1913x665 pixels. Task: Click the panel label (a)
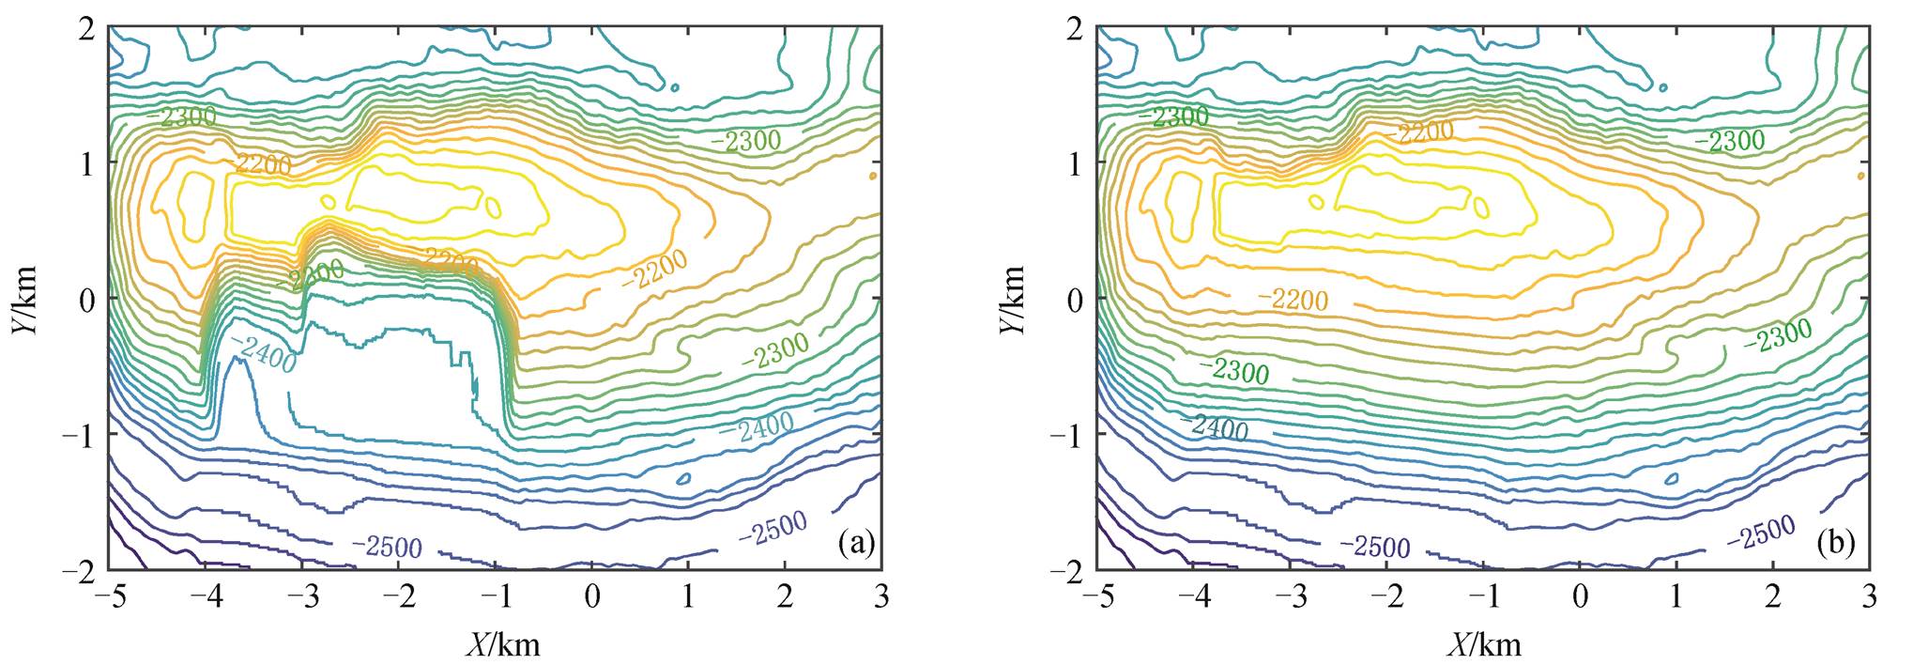(x=858, y=542)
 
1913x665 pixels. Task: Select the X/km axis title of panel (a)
(x=503, y=644)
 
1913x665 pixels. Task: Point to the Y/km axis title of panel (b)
(x=1011, y=299)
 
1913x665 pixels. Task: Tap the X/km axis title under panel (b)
(x=1483, y=644)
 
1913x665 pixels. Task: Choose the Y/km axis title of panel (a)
(x=25, y=299)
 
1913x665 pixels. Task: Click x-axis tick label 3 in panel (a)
(x=880, y=597)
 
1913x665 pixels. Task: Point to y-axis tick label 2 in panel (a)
(x=86, y=28)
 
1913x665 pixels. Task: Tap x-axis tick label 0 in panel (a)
(x=591, y=597)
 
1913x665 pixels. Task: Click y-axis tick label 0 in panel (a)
(x=86, y=300)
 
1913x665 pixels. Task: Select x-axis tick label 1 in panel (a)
(x=688, y=597)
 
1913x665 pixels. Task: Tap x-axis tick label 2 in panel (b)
(x=1772, y=597)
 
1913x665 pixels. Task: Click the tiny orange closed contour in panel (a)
(x=873, y=176)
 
